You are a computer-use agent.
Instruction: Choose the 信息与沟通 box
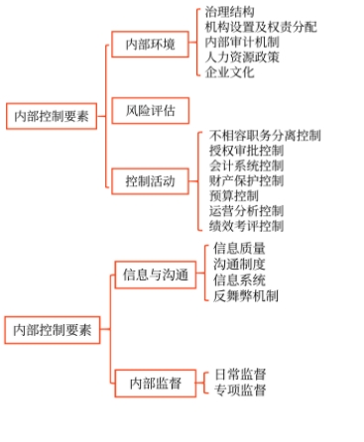[155, 273]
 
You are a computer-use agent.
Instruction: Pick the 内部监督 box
[149, 382]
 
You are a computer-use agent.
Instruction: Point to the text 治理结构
[229, 12]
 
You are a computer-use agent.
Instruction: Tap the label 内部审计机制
[242, 43]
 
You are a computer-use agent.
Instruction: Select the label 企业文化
[229, 72]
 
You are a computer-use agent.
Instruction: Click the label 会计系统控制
[247, 166]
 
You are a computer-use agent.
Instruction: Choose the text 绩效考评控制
[247, 227]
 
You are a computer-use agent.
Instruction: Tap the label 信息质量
[240, 249]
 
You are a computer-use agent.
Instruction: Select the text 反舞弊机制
[246, 295]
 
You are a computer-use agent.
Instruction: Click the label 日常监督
[240, 374]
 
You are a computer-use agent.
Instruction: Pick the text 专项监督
[240, 389]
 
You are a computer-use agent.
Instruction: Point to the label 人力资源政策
[242, 57]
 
